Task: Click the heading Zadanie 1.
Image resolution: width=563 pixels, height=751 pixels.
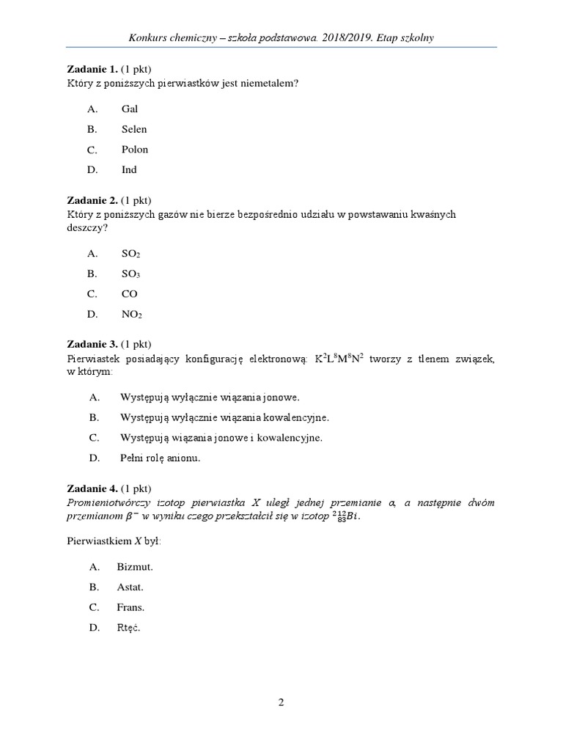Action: point(92,70)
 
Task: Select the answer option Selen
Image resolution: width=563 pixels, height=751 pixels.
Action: point(134,129)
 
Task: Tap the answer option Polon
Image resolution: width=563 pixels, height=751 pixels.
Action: point(135,150)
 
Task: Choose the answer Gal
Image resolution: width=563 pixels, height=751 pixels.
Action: point(130,109)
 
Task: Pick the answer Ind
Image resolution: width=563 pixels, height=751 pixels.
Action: point(129,169)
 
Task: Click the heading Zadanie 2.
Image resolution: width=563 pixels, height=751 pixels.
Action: point(92,200)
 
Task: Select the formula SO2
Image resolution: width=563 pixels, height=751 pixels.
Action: point(130,254)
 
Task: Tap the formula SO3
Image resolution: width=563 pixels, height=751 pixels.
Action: point(130,274)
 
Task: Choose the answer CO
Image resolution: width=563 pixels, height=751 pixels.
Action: point(130,294)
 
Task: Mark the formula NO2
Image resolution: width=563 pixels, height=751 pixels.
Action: point(131,315)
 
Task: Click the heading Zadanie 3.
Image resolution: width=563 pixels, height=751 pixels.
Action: point(92,344)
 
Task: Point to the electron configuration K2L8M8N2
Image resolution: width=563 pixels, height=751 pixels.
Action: point(339,358)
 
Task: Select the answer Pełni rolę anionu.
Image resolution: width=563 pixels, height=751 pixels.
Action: point(160,458)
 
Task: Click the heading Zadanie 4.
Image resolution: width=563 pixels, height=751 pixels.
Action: point(92,488)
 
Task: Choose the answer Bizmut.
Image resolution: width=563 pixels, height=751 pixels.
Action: point(135,567)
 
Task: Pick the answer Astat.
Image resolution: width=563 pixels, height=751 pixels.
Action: point(130,587)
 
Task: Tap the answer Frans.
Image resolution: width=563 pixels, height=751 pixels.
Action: point(130,607)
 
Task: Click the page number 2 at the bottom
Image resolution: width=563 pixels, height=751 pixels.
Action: point(281,702)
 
